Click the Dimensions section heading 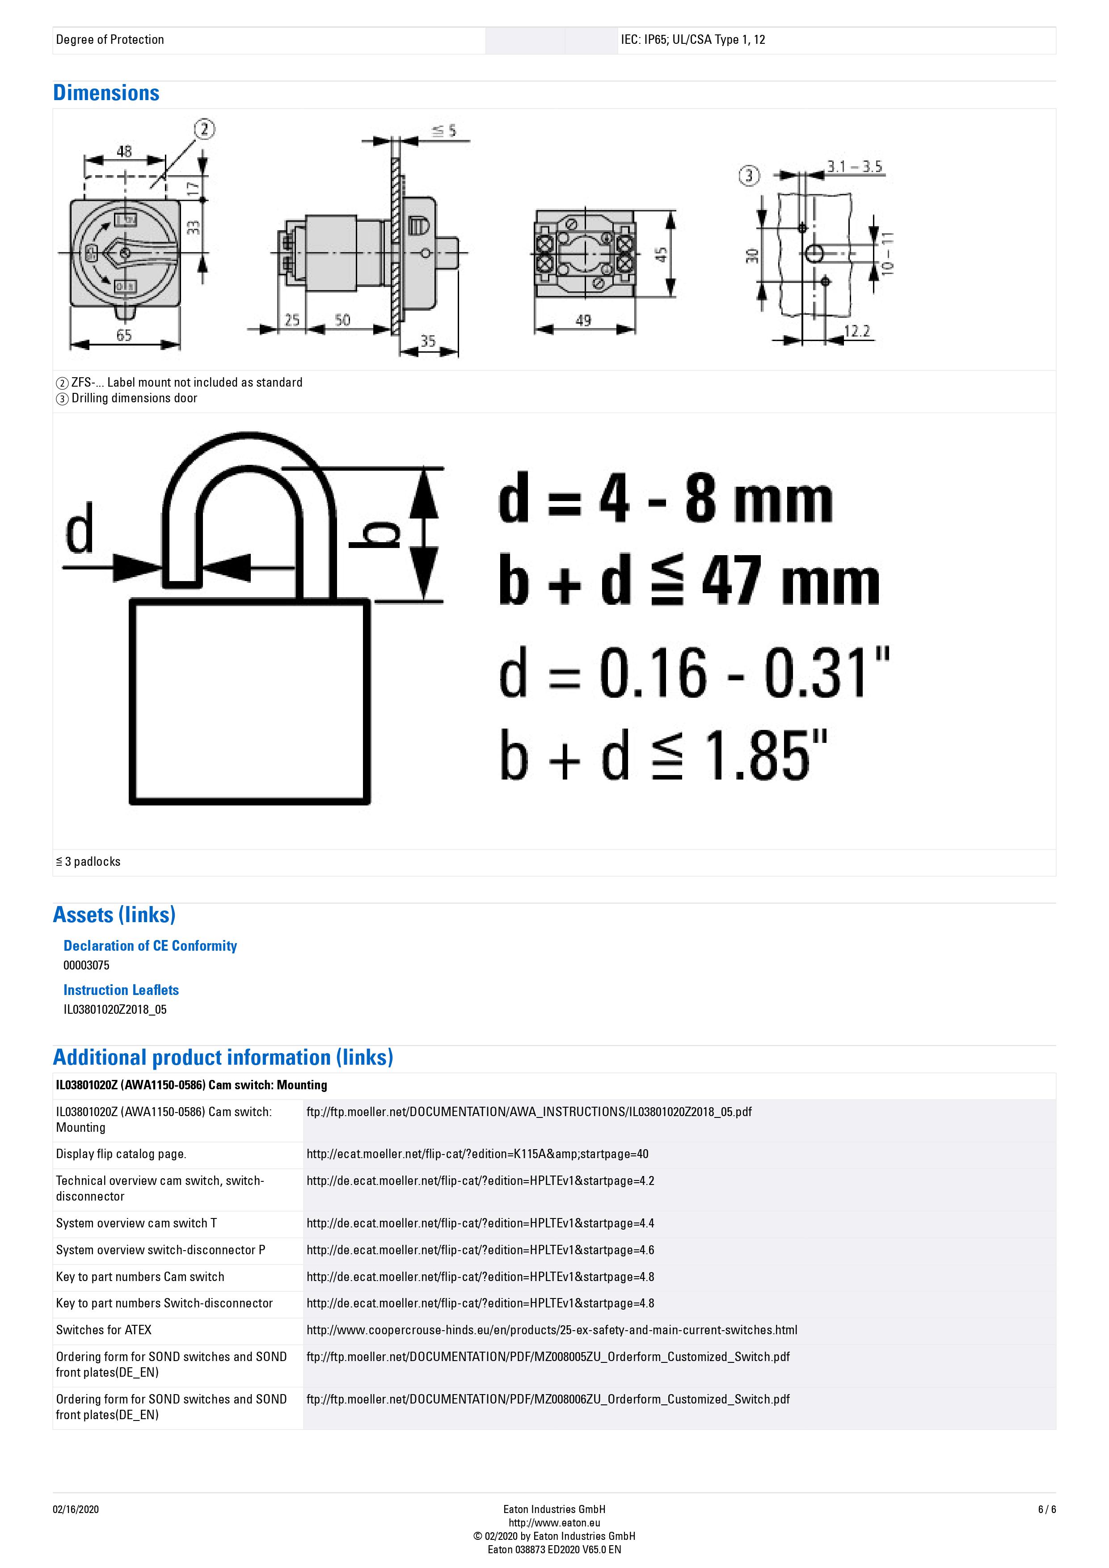pos(106,93)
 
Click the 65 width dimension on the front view pos(124,335)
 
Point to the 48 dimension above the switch pos(124,151)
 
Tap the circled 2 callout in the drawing pos(204,129)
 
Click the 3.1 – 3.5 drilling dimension pos(854,166)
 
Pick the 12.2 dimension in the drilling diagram pos(856,331)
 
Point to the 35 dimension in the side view pos(427,340)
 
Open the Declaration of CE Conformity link pos(150,945)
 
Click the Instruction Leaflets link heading pos(121,990)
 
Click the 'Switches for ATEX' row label pos(104,1330)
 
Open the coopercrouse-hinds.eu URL pos(552,1330)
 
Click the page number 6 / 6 pos(1046,1509)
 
